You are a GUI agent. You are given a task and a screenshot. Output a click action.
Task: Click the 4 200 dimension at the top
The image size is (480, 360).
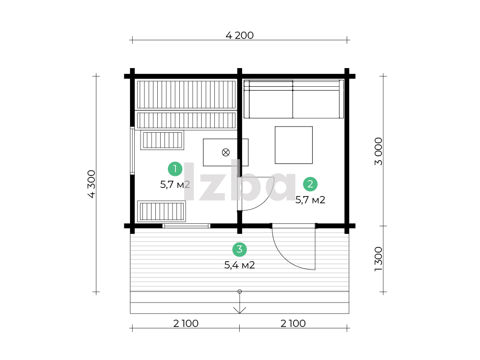pyautogui.click(x=239, y=35)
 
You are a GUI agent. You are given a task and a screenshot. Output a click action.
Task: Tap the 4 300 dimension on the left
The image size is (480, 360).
pyautogui.click(x=92, y=184)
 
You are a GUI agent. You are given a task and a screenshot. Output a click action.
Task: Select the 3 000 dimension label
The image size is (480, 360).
pyautogui.click(x=378, y=151)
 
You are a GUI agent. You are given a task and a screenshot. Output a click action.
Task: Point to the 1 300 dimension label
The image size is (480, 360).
pyautogui.click(x=378, y=259)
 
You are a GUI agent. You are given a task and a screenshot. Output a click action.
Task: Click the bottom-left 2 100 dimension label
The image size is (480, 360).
pyautogui.click(x=186, y=324)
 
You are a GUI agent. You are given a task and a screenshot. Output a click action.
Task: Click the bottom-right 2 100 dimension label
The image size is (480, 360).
pyautogui.click(x=293, y=324)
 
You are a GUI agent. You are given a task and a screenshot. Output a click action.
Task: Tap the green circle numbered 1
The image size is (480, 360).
pyautogui.click(x=175, y=169)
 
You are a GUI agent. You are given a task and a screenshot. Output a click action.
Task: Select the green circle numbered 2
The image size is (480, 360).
pyautogui.click(x=310, y=184)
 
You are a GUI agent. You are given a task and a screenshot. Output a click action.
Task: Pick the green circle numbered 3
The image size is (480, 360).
pyautogui.click(x=239, y=249)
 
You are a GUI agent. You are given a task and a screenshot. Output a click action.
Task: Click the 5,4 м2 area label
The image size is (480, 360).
pyautogui.click(x=239, y=265)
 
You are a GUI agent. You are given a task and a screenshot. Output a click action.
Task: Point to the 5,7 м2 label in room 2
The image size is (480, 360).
pyautogui.click(x=310, y=200)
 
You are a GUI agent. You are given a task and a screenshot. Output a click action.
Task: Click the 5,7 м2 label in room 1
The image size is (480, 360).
pyautogui.click(x=175, y=185)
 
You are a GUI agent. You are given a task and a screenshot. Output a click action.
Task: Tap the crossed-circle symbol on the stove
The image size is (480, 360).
pyautogui.click(x=225, y=152)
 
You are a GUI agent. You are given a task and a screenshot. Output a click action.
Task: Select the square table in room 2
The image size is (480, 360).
pyautogui.click(x=293, y=145)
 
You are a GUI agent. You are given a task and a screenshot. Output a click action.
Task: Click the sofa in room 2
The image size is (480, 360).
pyautogui.click(x=293, y=99)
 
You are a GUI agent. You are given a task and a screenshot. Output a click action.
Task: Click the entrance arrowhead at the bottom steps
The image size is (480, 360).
pyautogui.click(x=239, y=311)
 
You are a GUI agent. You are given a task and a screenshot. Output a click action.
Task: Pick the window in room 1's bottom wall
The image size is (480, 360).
pyautogui.click(x=186, y=226)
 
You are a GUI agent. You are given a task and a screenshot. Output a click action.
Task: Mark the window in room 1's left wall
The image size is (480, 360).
pyautogui.click(x=132, y=151)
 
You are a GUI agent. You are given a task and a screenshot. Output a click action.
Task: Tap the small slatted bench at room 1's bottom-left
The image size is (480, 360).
pyautogui.click(x=161, y=211)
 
